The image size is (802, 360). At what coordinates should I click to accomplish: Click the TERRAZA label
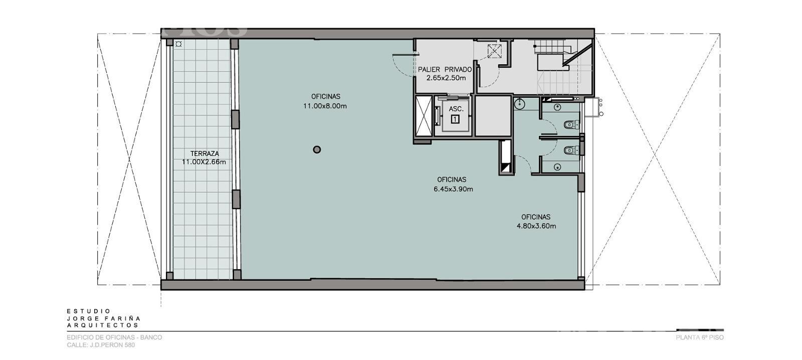point(205,153)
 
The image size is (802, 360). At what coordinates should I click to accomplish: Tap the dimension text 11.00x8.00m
point(325,106)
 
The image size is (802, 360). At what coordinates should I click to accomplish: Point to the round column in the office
point(317,149)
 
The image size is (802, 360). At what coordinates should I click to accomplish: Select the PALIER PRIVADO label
point(445,70)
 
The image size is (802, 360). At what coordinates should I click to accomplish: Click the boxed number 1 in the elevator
point(455,119)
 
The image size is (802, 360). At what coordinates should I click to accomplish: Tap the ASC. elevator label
point(456,109)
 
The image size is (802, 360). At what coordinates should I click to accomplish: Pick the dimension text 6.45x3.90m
point(453,189)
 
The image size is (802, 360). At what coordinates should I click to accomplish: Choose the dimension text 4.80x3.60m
point(536,226)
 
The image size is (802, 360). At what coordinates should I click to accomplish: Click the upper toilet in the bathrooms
point(571,125)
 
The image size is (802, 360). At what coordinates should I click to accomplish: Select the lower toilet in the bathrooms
point(571,150)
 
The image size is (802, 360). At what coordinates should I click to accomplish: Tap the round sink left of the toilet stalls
point(519,104)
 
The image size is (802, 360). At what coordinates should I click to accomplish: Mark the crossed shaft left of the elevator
point(424,116)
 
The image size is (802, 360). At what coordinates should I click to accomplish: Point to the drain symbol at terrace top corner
point(178,44)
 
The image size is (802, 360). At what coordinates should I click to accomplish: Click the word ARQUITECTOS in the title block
point(103,325)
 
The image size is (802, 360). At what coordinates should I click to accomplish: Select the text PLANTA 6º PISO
point(700,337)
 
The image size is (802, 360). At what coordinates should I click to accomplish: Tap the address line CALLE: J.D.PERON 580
point(101,345)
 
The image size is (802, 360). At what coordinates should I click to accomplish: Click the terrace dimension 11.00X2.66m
point(204,162)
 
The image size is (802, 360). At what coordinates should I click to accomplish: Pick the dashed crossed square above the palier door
point(494,51)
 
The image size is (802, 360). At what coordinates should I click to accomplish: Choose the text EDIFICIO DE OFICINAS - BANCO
point(115,337)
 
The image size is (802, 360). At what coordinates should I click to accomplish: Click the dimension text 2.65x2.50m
point(446,78)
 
